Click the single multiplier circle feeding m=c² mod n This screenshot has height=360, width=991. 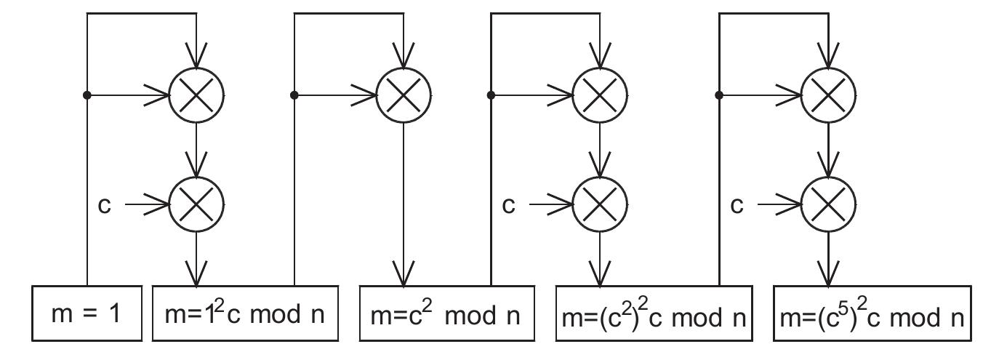(x=404, y=95)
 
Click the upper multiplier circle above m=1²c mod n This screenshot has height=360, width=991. (x=196, y=95)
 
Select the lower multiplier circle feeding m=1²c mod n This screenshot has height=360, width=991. (x=196, y=204)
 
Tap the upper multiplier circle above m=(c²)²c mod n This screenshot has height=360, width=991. (x=601, y=95)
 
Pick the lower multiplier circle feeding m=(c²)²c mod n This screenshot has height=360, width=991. (x=601, y=204)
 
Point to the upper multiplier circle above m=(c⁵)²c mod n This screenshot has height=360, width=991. (x=828, y=95)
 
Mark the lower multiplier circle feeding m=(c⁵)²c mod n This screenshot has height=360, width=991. (x=828, y=204)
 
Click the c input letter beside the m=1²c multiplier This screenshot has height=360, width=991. (x=104, y=206)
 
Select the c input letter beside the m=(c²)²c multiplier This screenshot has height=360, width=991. (x=509, y=206)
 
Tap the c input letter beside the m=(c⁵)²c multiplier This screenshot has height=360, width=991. (x=737, y=206)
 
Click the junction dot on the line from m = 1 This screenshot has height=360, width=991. (x=87, y=95)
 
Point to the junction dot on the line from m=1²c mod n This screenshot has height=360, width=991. (x=294, y=95)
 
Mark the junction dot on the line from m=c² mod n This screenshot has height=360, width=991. (x=492, y=95)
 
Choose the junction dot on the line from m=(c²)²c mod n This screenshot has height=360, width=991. (x=719, y=95)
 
